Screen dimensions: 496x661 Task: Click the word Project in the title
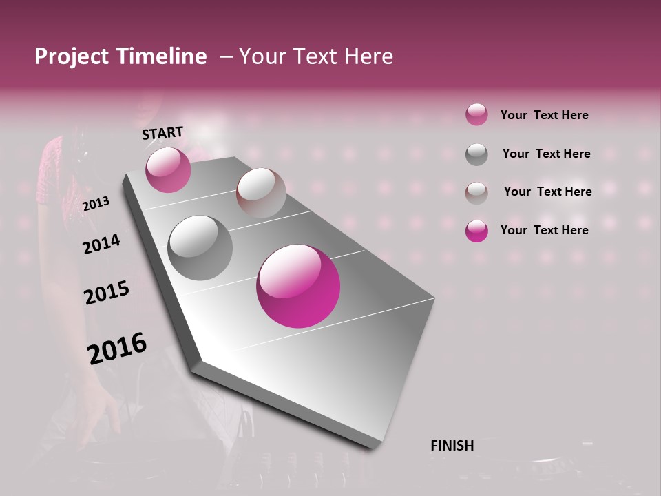70,56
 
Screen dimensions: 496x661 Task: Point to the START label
162,133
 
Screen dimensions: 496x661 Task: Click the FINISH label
452,446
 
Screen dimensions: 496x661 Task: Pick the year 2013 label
96,203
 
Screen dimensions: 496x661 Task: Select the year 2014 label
102,244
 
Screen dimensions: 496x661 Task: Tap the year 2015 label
107,293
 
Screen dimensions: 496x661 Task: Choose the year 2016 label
117,348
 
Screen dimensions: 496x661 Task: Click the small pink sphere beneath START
168,169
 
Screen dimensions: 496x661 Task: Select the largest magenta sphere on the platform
298,286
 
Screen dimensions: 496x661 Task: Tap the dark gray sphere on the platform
200,248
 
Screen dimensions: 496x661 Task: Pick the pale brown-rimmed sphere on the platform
261,192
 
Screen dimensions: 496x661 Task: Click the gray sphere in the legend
476,154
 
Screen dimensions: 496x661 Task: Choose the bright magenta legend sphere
476,231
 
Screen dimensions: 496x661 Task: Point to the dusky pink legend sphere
476,115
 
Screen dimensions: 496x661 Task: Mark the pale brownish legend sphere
476,192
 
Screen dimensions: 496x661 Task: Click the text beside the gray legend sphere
546,154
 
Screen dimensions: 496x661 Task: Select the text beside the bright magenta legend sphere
544,230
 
